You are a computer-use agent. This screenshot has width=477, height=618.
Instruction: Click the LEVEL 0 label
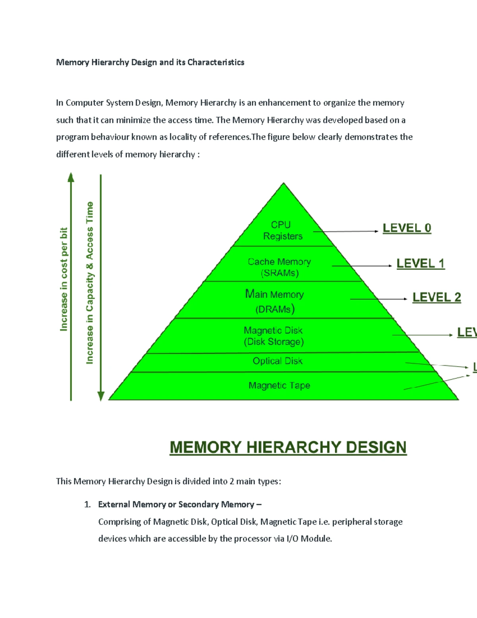pos(407,228)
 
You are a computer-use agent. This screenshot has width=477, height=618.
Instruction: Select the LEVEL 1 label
pos(421,263)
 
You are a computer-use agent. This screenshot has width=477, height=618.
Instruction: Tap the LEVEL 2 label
pos(436,297)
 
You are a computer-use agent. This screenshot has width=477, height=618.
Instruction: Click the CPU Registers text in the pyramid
pos(282,230)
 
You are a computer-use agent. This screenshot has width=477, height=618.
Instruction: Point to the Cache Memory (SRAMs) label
pos(279,267)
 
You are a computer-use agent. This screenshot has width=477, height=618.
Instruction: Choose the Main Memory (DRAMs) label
pos(275,301)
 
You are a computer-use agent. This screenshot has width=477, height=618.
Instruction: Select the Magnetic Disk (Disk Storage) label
pos(273,336)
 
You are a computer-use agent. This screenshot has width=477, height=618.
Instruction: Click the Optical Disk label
pos(277,361)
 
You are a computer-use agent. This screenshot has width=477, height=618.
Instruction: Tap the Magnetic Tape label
pos(279,385)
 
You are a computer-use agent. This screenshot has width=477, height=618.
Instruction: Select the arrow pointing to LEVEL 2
pos(378,299)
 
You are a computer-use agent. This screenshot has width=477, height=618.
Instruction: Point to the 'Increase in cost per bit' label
pos(64,279)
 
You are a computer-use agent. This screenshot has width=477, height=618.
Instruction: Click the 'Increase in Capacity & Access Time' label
pos(90,283)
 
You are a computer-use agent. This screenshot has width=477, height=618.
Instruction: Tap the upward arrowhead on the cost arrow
pos(71,177)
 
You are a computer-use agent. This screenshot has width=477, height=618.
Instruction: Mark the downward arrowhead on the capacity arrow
pos(101,396)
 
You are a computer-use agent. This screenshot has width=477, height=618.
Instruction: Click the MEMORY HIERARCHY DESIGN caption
pos(288,447)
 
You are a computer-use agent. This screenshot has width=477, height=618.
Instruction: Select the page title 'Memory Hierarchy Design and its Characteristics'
pos(150,62)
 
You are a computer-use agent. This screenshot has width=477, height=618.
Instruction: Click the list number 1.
pos(87,505)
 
